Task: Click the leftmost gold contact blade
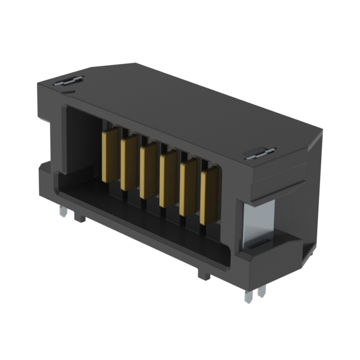tap(110, 155)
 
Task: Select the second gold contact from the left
tap(129, 163)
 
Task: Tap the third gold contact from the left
tap(148, 172)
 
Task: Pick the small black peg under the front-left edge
tap(81, 217)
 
